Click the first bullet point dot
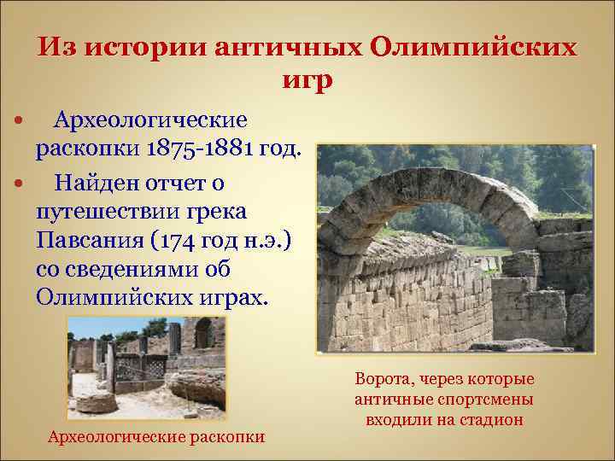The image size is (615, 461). click(18, 119)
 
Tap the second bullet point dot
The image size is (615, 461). click(18, 183)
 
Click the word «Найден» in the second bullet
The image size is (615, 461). click(91, 183)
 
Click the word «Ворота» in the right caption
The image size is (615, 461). click(382, 379)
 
